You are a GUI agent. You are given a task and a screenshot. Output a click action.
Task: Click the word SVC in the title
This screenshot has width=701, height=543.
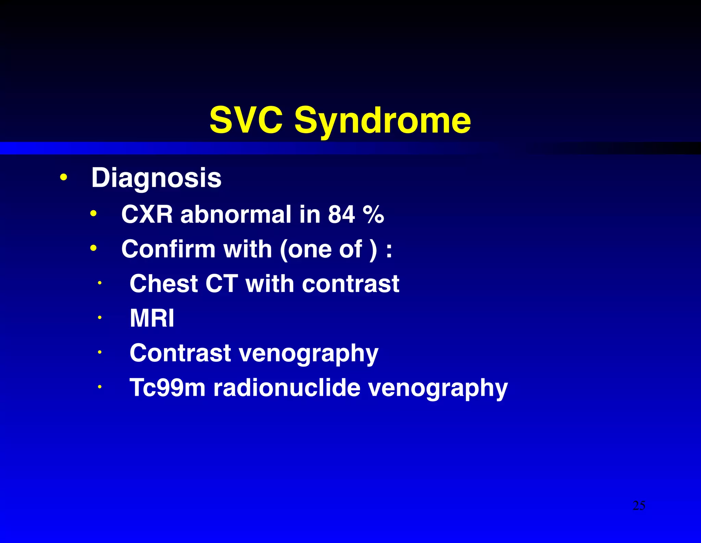(x=246, y=120)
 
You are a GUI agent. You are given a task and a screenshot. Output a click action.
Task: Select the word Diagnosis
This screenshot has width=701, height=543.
(x=156, y=178)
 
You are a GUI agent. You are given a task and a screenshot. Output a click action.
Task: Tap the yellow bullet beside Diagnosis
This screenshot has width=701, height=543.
(x=63, y=178)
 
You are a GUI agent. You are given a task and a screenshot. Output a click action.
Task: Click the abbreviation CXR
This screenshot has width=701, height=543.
(x=147, y=215)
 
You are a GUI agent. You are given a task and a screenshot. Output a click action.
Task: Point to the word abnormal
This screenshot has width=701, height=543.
(x=236, y=215)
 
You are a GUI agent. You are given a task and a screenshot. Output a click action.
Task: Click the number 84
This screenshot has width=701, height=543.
(x=341, y=215)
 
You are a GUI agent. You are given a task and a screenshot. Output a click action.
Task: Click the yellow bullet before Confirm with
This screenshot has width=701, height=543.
(x=93, y=248)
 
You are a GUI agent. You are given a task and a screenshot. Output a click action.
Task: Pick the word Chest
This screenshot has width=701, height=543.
(x=164, y=284)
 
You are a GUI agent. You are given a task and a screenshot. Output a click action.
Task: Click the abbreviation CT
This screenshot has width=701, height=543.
(x=221, y=284)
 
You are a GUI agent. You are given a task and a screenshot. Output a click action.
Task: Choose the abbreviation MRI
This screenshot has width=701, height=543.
(x=152, y=318)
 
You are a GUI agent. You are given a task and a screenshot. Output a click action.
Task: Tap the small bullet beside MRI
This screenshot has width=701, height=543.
(x=100, y=318)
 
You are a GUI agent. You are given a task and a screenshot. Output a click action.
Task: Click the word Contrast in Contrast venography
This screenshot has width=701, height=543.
(x=180, y=353)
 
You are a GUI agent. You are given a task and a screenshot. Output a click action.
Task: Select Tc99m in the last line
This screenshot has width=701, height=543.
(x=167, y=388)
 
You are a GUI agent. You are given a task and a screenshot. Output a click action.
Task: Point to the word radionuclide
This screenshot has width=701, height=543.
(x=287, y=388)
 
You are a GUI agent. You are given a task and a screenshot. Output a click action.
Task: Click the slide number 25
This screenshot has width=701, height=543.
(x=639, y=506)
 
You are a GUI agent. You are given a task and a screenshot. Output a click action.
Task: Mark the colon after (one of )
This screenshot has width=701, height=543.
(x=389, y=251)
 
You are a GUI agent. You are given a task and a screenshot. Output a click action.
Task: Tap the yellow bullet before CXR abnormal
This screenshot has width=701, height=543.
(x=93, y=214)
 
